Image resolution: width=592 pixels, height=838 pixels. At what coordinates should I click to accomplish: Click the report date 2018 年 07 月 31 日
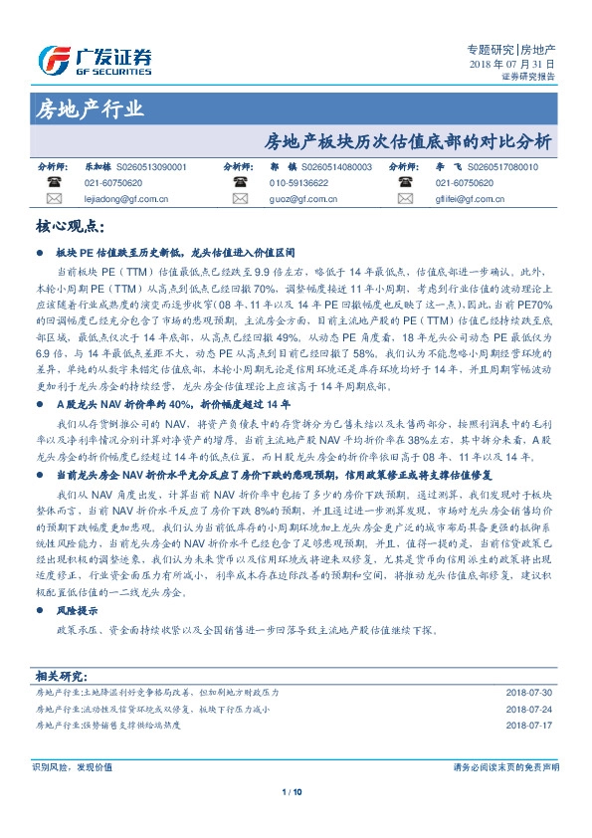(512, 64)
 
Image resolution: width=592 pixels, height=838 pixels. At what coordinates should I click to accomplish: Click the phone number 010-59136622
(297, 184)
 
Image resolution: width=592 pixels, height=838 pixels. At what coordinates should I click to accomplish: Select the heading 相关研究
(61, 675)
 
